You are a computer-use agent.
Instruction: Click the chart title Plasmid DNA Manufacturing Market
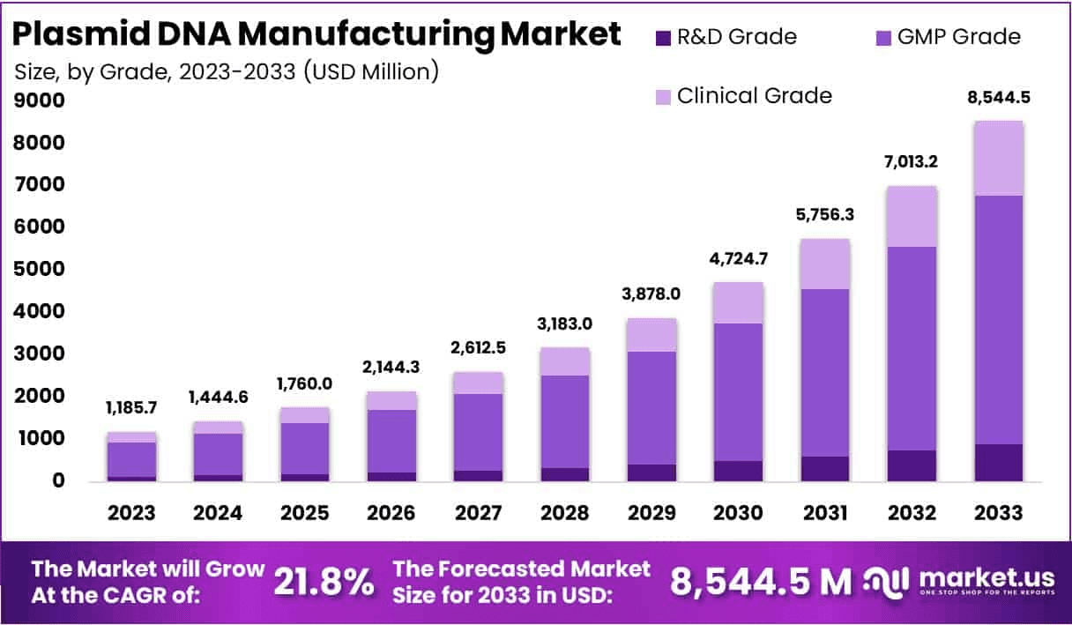click(x=318, y=34)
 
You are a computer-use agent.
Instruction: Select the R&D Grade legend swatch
click(x=664, y=37)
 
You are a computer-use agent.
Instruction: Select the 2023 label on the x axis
click(x=132, y=513)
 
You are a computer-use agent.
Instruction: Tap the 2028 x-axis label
click(x=565, y=513)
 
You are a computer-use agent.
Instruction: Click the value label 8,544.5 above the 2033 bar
click(x=999, y=98)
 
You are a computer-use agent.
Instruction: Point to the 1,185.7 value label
click(x=132, y=408)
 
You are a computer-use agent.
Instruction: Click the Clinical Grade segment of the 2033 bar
click(x=999, y=159)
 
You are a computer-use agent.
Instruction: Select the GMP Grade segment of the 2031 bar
click(x=825, y=372)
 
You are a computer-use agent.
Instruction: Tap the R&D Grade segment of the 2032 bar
click(x=912, y=465)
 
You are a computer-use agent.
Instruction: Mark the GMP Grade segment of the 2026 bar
click(x=392, y=441)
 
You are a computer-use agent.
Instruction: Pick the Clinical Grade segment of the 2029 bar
click(x=651, y=335)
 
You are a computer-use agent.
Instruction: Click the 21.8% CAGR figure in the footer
click(x=323, y=581)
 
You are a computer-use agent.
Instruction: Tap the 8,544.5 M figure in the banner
click(x=761, y=581)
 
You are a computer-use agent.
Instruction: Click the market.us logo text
click(x=986, y=577)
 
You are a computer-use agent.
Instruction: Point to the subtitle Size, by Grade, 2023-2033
click(x=227, y=71)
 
